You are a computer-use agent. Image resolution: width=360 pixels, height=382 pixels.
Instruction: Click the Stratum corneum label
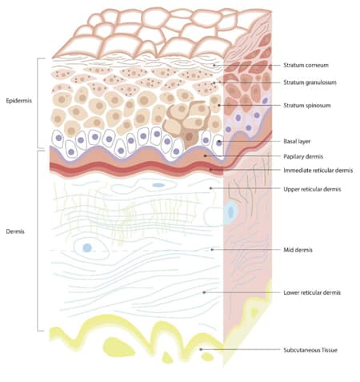point(306,65)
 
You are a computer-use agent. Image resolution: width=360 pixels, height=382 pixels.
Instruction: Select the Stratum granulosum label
point(310,82)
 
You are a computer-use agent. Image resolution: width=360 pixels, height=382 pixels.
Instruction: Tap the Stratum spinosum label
point(307,105)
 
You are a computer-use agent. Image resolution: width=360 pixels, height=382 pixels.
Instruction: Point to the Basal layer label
point(297,141)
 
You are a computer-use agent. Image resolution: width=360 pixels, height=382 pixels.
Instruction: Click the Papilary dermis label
point(303,156)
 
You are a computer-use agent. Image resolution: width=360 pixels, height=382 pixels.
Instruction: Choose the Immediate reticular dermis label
point(318,171)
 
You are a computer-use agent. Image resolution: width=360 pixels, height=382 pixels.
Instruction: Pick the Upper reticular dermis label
point(312,189)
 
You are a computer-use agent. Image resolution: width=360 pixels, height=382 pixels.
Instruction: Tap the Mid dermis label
point(298,250)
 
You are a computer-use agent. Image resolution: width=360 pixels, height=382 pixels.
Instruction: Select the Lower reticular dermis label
point(312,292)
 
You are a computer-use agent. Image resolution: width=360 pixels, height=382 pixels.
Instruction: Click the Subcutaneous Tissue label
point(310,350)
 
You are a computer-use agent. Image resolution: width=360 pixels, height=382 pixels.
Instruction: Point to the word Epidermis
point(19,101)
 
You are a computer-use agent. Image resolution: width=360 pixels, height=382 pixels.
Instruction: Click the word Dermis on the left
point(15,231)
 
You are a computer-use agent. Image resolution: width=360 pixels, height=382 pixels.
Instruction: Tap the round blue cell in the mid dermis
point(87,247)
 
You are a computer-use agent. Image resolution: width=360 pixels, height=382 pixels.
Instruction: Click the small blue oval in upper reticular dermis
point(158,185)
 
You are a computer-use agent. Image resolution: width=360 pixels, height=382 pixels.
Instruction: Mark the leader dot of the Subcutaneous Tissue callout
point(201,349)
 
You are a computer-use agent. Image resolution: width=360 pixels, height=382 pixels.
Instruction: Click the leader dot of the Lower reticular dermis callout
point(204,292)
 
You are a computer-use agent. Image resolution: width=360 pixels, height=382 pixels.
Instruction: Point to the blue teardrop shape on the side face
point(230,212)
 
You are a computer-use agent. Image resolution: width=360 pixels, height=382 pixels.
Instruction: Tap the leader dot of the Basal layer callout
point(219,141)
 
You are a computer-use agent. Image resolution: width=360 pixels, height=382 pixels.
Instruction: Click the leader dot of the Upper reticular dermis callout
point(210,188)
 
